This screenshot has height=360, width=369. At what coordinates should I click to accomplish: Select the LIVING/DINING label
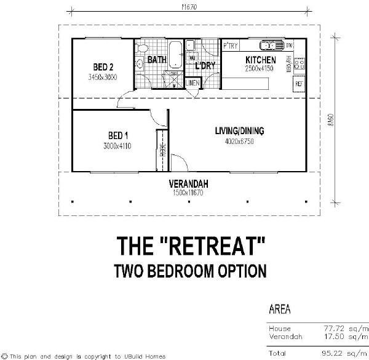(x=239, y=130)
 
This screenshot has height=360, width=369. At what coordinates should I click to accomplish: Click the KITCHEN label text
(x=261, y=60)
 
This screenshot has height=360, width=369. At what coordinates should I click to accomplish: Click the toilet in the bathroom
(x=142, y=48)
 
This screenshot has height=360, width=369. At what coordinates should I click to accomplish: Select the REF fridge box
(x=300, y=83)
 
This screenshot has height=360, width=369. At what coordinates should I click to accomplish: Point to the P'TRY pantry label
(x=231, y=46)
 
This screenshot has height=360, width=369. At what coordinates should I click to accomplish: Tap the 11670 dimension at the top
(x=189, y=7)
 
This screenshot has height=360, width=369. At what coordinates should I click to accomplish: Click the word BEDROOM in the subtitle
(x=192, y=270)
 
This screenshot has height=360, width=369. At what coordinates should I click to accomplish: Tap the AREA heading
(x=280, y=309)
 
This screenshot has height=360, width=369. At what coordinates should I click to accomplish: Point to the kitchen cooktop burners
(x=300, y=62)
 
